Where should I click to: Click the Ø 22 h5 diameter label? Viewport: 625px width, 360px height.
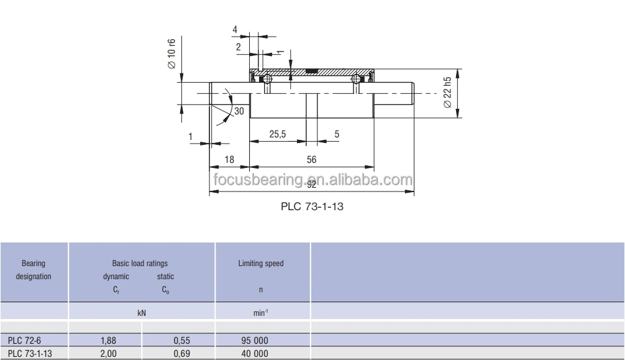[x=447, y=93]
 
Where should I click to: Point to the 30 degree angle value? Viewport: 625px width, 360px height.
[x=239, y=111]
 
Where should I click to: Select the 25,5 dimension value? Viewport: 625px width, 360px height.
[x=277, y=134]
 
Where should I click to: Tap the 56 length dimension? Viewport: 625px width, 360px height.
[x=311, y=160]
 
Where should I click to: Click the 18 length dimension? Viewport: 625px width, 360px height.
[x=229, y=160]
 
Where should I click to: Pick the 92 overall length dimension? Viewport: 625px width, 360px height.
[x=311, y=184]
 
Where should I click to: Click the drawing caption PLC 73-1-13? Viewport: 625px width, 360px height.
[x=312, y=206]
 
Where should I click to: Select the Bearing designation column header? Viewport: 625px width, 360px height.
[x=34, y=270]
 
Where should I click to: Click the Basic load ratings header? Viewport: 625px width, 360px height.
[x=140, y=264]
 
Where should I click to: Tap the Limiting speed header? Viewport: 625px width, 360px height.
[x=261, y=264]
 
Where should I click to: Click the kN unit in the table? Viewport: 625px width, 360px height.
[x=141, y=313]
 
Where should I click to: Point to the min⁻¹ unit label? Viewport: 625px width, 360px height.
[x=261, y=313]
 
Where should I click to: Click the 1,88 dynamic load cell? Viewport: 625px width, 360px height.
[x=108, y=341]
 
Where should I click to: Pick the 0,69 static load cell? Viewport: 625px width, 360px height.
[x=180, y=354]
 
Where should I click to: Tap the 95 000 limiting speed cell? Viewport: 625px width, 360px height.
[x=255, y=341]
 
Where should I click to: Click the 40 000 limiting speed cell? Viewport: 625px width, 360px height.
[x=255, y=354]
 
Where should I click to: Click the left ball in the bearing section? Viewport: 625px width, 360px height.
[x=266, y=79]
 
